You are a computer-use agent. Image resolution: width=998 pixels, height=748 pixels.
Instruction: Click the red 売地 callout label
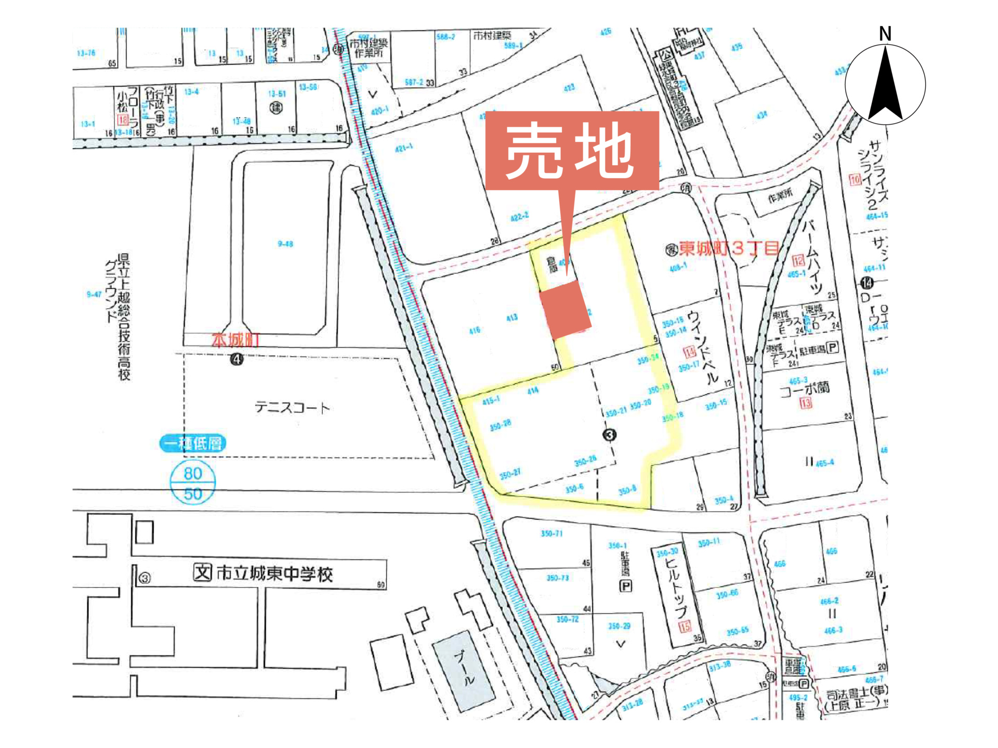click(572, 151)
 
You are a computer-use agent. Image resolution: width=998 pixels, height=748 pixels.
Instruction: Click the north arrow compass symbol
click(885, 83)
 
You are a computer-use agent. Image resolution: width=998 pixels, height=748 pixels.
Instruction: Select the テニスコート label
click(292, 407)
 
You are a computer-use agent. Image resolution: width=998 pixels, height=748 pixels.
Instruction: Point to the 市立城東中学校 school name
click(274, 573)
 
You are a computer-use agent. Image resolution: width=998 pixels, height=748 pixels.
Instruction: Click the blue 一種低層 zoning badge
click(193, 443)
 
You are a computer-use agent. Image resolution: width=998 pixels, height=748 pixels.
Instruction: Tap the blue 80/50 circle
click(193, 483)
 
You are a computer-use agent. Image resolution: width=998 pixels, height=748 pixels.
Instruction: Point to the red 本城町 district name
click(235, 341)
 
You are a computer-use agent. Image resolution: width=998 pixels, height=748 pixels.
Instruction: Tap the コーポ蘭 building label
click(805, 388)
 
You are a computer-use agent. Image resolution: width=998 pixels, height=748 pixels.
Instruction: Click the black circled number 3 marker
click(610, 435)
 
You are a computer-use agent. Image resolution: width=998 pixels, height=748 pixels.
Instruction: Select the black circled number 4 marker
click(237, 359)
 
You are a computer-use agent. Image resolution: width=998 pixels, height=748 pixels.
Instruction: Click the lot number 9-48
click(285, 244)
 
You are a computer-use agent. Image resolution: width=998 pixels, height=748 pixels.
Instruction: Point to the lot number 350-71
click(551, 533)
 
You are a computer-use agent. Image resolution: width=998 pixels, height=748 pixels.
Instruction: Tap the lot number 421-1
click(404, 149)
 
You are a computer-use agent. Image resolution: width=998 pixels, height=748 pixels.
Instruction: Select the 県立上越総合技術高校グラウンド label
click(117, 317)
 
